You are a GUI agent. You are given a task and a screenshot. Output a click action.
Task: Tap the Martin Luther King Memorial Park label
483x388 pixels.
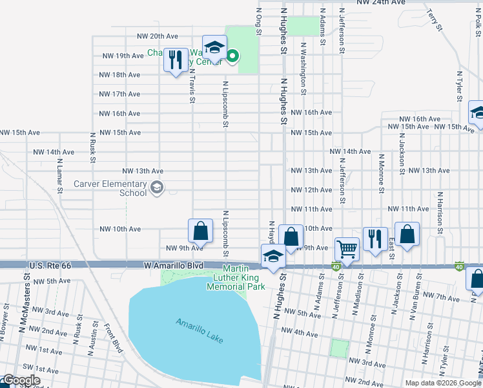coord(236,277)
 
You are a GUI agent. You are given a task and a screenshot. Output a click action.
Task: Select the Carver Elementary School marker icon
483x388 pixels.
coord(156,188)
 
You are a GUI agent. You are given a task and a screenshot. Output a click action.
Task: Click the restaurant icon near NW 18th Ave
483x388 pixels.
coord(175,60)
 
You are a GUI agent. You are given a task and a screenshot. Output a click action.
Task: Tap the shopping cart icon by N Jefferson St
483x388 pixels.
coord(347,248)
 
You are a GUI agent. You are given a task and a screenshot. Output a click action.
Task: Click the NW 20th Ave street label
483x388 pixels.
coord(156,36)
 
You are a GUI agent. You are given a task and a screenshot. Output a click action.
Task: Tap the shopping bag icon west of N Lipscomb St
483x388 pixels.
coord(200,230)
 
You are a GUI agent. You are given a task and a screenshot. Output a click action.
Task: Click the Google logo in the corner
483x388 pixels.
coord(21,380)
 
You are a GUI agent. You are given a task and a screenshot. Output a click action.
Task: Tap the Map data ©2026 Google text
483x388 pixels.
coord(443,383)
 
